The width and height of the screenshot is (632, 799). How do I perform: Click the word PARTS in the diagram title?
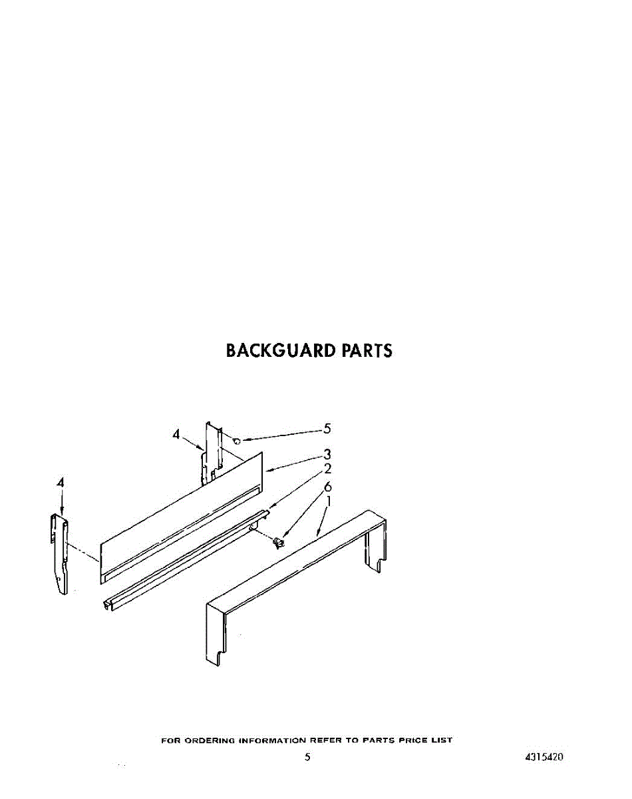coord(367,350)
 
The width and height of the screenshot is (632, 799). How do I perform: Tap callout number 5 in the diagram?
coord(327,429)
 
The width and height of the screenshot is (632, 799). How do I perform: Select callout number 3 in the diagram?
coord(327,455)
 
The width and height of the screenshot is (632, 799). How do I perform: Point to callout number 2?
coord(327,469)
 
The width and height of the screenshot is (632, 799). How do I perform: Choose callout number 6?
coord(327,487)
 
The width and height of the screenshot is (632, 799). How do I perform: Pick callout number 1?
coord(328,501)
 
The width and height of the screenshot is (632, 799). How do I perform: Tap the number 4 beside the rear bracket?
coord(176,434)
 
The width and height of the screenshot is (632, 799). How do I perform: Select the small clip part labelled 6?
coord(279,543)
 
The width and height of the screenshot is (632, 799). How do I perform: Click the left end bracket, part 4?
coord(60,553)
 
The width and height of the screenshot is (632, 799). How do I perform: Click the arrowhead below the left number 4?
coord(61,511)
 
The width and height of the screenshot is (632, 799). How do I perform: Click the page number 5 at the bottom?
coord(307,757)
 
